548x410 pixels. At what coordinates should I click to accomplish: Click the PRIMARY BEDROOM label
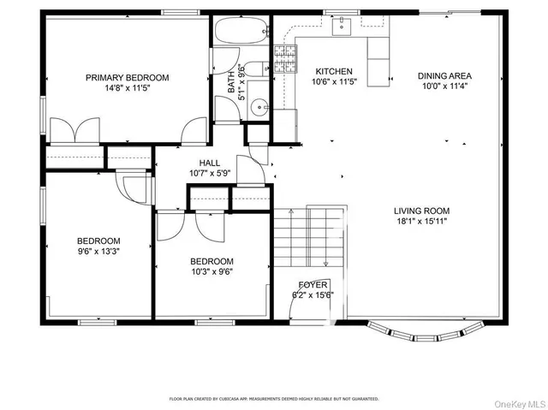click(127, 77)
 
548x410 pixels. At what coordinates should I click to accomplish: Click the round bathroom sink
click(261, 108)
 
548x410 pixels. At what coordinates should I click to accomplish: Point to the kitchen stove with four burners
click(284, 59)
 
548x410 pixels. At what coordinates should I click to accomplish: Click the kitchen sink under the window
click(343, 27)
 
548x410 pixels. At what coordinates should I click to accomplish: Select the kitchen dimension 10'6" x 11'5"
click(334, 83)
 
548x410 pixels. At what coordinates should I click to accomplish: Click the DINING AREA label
click(444, 75)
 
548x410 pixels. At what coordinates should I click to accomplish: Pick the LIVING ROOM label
click(421, 211)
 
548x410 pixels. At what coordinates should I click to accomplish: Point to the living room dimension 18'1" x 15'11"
click(421, 222)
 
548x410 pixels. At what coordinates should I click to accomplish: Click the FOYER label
click(313, 284)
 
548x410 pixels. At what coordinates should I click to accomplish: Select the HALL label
click(210, 163)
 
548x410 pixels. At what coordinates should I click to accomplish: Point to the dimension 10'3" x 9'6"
click(211, 272)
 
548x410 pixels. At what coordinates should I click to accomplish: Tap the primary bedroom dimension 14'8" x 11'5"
click(127, 88)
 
